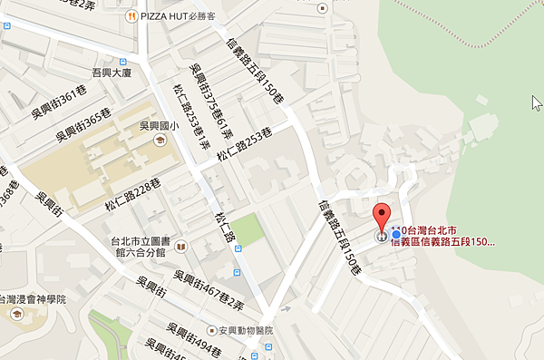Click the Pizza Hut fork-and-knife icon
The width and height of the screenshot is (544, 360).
pos(131,15)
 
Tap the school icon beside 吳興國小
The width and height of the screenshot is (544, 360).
pos(160,141)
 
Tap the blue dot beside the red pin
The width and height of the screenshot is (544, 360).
pos(396,236)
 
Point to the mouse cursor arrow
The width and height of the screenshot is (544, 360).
pos(536,101)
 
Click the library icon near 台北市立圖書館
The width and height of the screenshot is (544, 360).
pos(180,246)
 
